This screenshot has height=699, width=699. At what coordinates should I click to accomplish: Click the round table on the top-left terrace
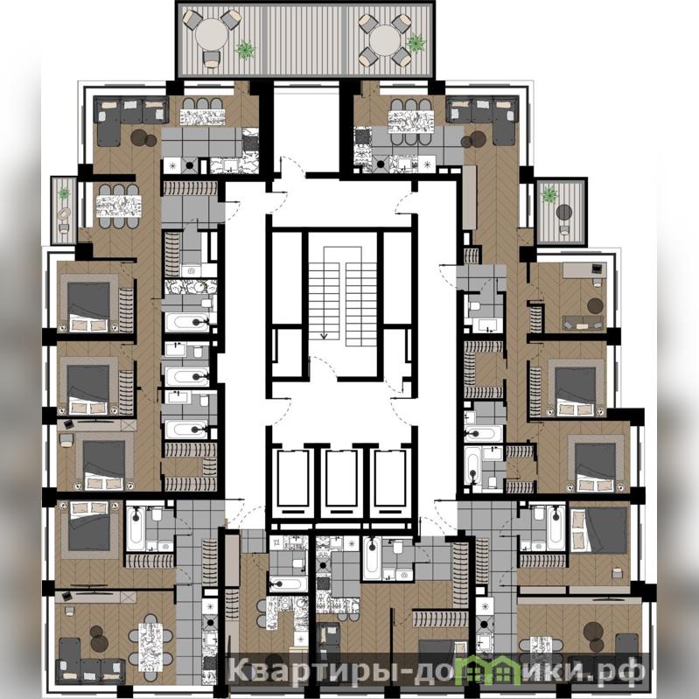tap(212, 36)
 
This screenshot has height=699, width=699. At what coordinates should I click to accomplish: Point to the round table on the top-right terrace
tap(384, 40)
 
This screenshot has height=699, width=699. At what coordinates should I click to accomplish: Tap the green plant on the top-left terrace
tap(246, 49)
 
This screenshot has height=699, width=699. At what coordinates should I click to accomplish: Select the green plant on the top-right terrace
tap(416, 43)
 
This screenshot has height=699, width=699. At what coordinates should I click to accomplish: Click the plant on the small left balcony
tap(64, 193)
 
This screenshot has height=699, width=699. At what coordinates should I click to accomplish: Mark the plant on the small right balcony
tap(549, 194)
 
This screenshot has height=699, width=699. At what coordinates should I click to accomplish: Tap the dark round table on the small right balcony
tap(564, 213)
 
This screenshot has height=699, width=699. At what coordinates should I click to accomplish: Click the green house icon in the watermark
tap(490, 668)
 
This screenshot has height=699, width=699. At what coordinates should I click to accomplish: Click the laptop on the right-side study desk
tap(596, 269)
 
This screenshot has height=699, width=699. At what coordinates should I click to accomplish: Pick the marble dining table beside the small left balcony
tap(119, 206)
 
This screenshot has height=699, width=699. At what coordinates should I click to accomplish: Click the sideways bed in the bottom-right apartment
tap(598, 529)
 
